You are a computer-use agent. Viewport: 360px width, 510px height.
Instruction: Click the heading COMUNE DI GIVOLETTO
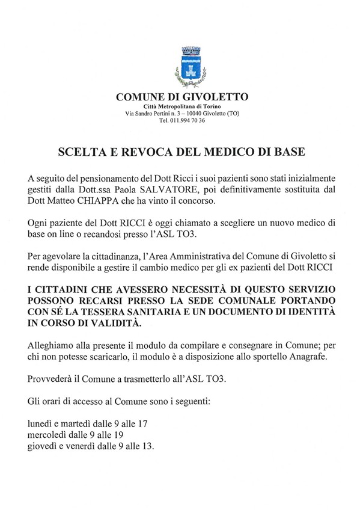point(182,97)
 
